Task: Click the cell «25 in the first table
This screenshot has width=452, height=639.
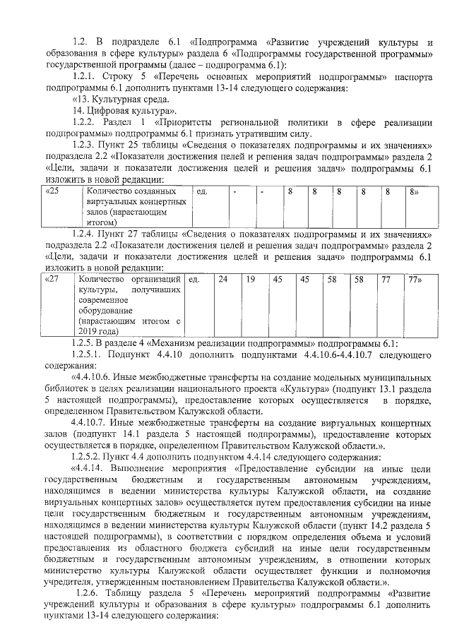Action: pos(52,192)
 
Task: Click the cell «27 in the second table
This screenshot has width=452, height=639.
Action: pos(52,280)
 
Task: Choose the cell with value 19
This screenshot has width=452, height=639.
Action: pos(251,280)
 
